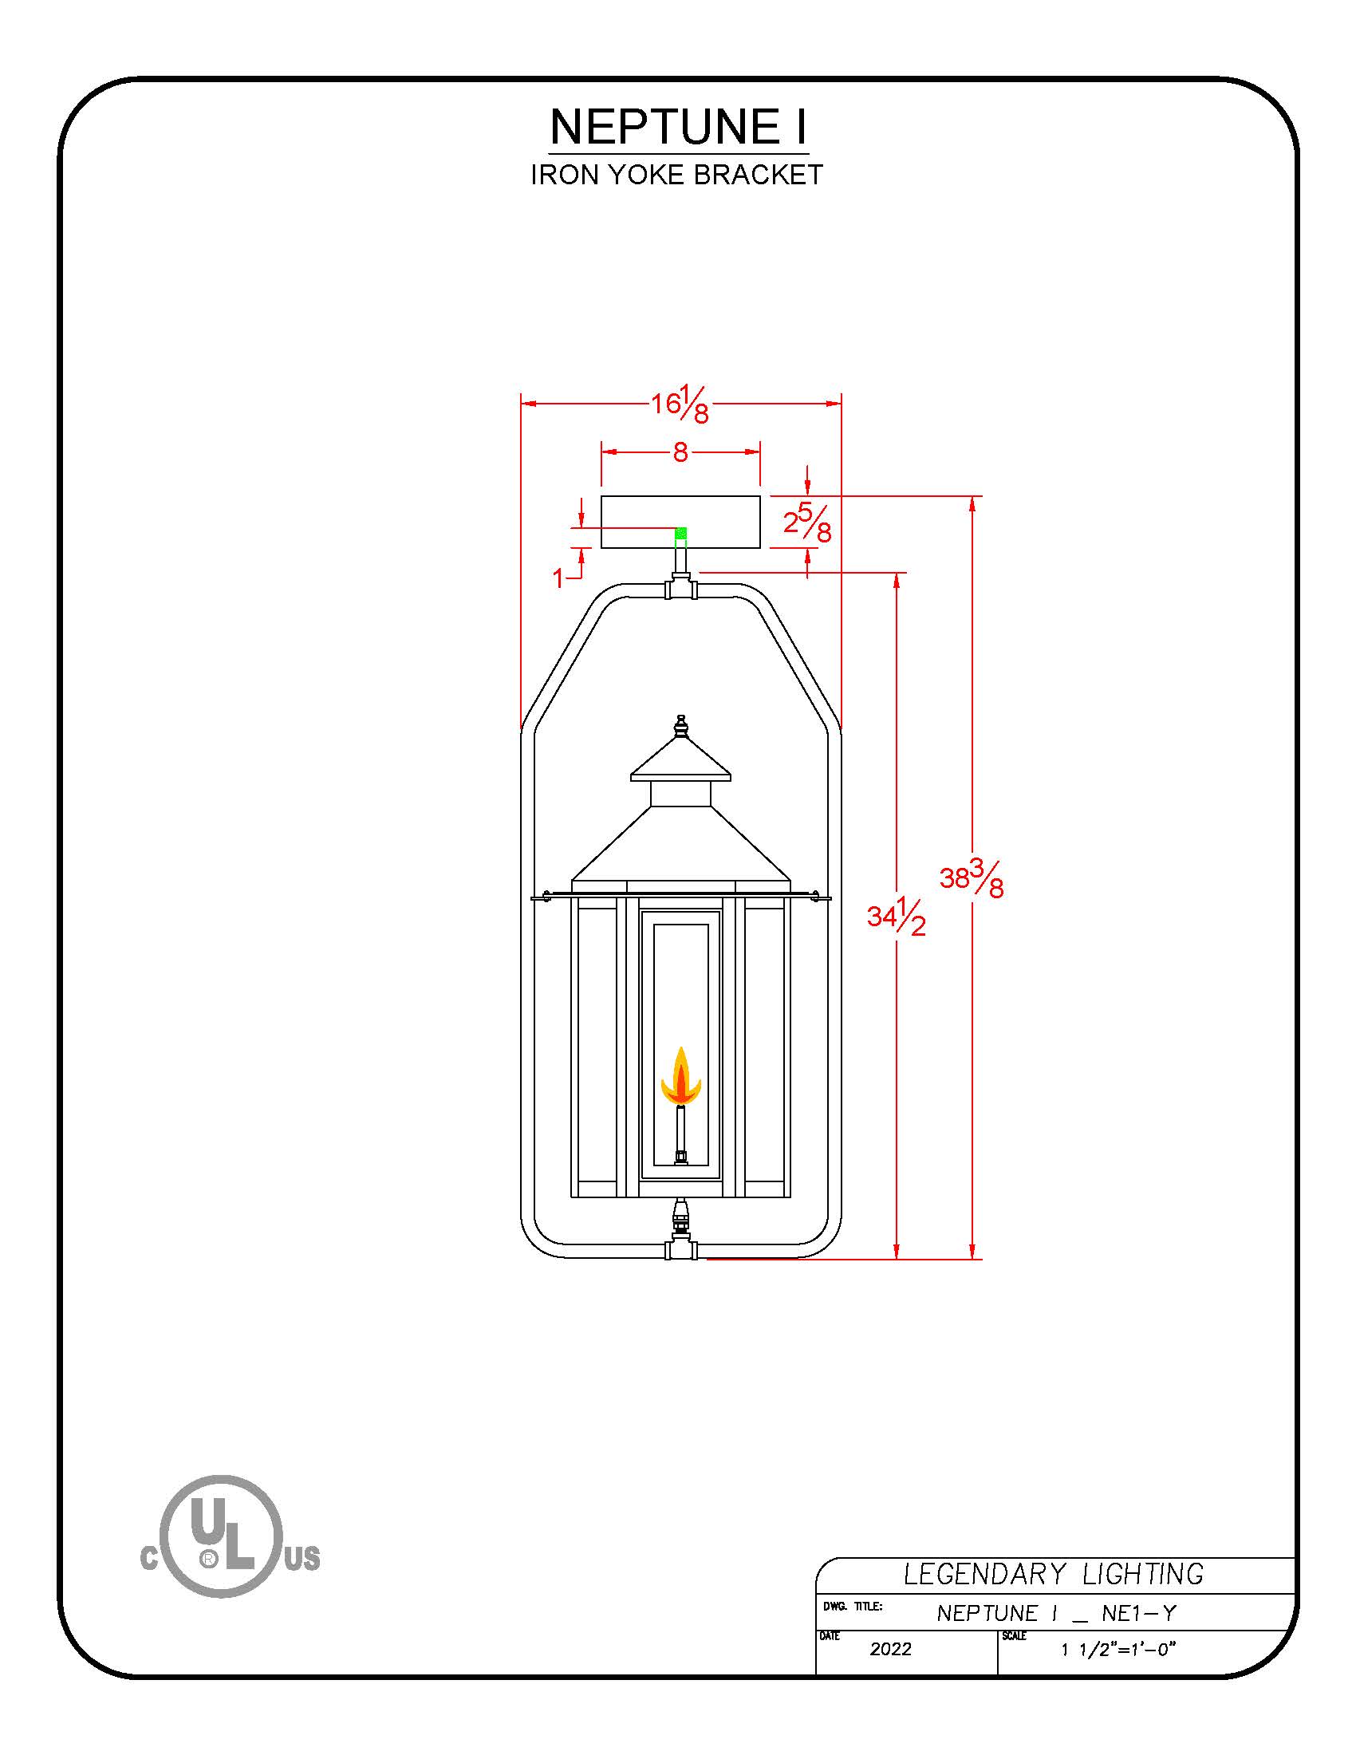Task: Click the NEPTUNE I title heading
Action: tap(679, 126)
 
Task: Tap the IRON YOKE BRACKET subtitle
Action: tap(677, 175)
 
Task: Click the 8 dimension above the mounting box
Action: tap(680, 452)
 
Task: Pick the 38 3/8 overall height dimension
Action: tap(972, 880)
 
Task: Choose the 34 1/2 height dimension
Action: tap(896, 917)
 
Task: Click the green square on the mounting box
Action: tap(681, 533)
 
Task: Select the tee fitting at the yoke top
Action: tap(681, 589)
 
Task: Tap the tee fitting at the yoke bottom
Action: tap(681, 1250)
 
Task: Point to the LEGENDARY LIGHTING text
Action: tap(1053, 1574)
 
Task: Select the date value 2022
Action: tap(890, 1649)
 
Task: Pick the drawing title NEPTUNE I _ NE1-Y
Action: tap(1056, 1613)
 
